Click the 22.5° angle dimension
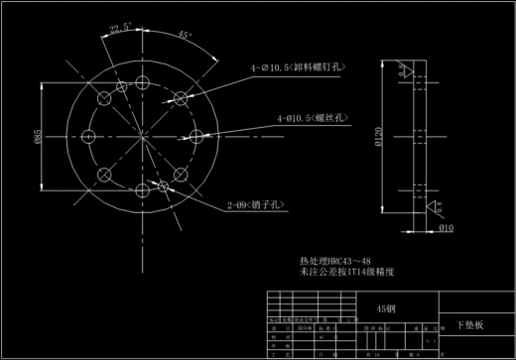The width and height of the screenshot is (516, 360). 120,28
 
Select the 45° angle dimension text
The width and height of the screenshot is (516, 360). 183,35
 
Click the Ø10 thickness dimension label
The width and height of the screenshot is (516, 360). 446,227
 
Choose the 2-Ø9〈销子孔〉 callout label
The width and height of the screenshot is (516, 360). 257,205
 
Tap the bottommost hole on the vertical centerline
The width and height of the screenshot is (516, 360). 142,190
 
